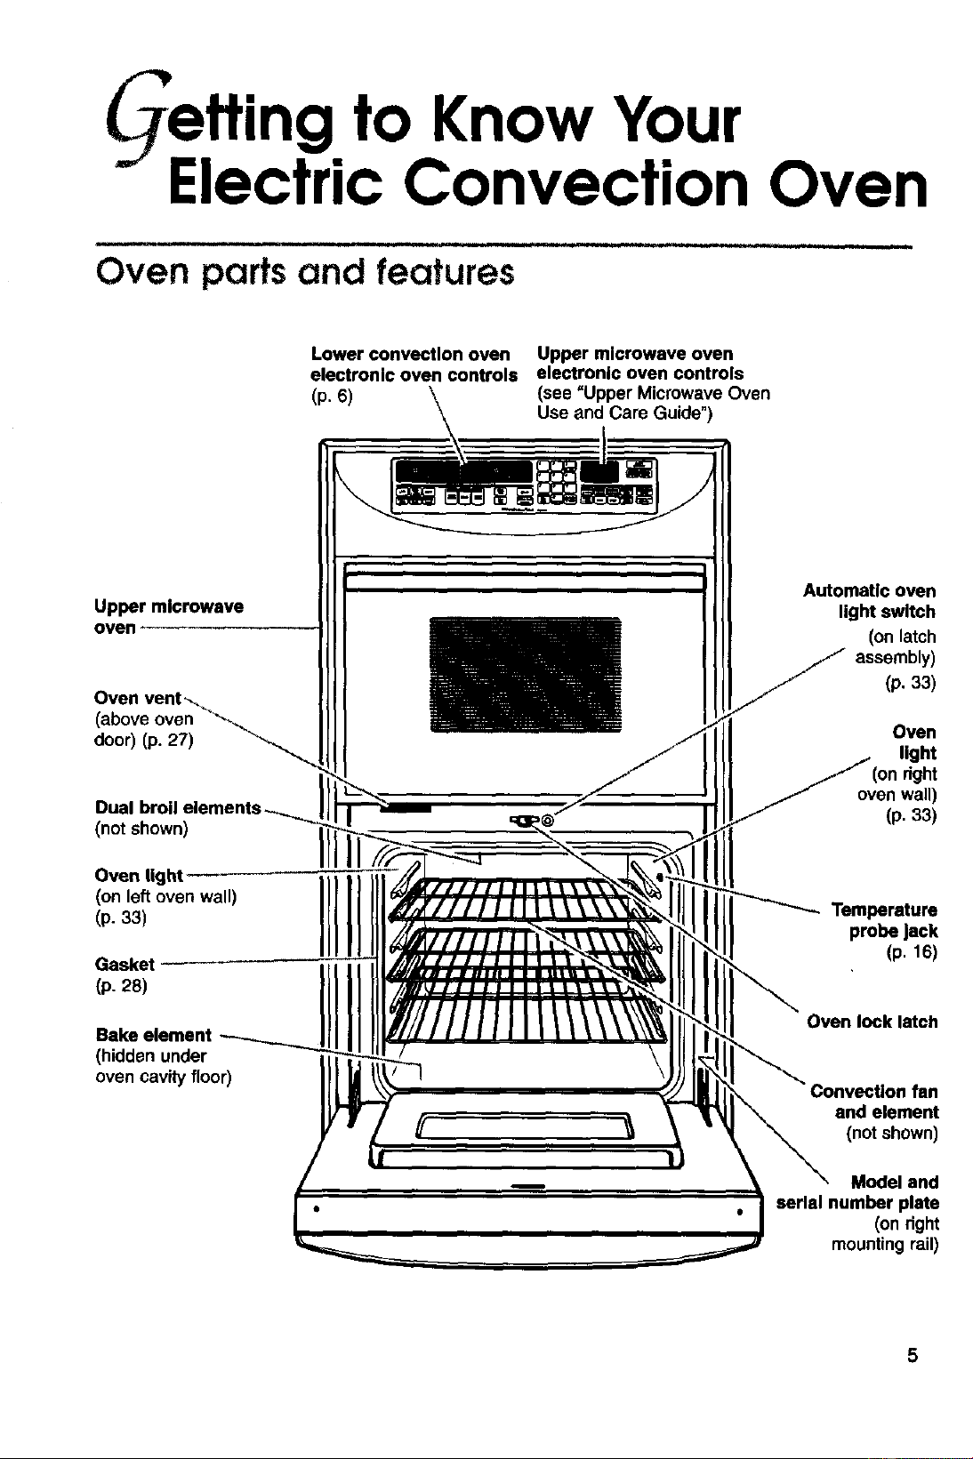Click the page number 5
coord(912,1356)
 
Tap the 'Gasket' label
coord(125,964)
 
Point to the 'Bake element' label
coord(153,1035)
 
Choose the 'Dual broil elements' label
coord(178,807)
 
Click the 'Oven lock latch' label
coord(872,1022)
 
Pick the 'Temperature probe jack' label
coord(884,920)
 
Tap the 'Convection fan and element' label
coord(874,1102)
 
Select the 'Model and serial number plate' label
coord(857,1192)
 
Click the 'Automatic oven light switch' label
coord(869,601)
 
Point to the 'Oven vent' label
coord(138,698)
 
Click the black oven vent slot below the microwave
coord(406,808)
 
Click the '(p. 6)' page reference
coord(332,397)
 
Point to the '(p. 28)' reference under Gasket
coord(121,986)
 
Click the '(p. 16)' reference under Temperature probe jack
coord(911,952)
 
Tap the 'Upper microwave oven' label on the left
coord(169,617)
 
